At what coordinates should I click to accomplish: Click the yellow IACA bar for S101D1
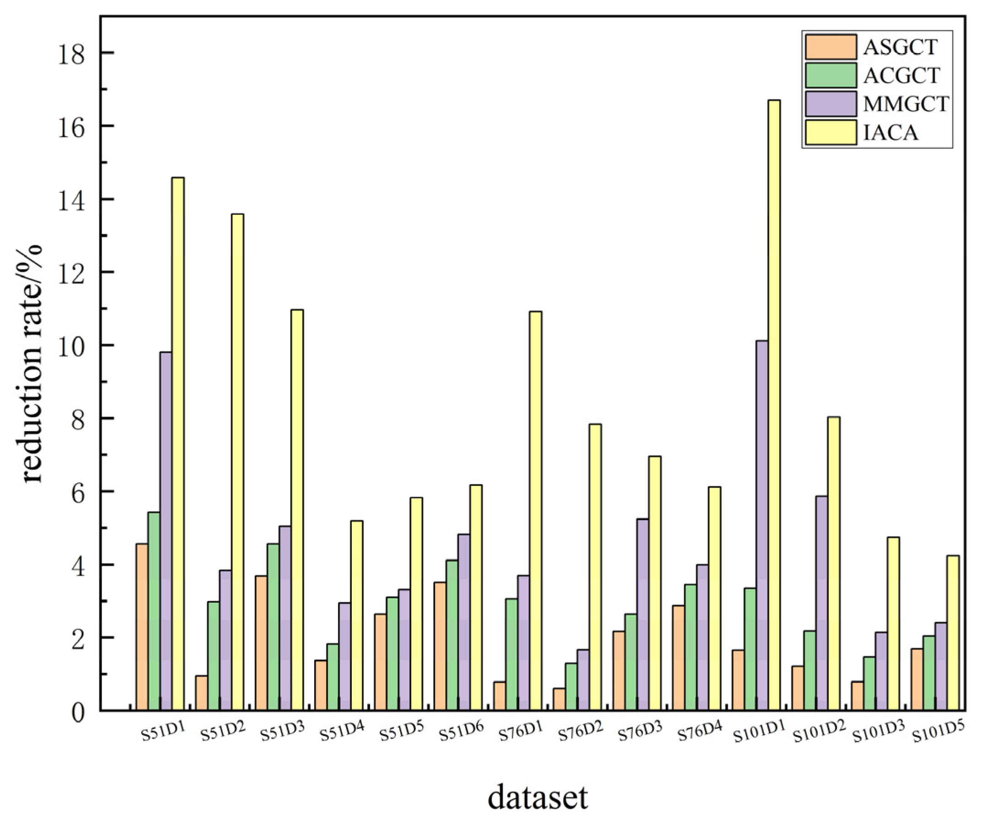[x=774, y=405]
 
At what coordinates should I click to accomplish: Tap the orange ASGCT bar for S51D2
[x=202, y=694]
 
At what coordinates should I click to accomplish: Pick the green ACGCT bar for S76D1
[x=512, y=655]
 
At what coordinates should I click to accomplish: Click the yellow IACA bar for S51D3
[x=297, y=510]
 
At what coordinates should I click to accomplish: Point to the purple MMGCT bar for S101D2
[x=822, y=603]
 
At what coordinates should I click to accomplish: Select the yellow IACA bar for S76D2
[x=595, y=567]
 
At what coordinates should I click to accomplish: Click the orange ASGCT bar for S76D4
[x=678, y=658]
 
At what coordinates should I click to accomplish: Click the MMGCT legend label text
[x=906, y=104]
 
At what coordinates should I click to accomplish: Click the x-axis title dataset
[x=538, y=798]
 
